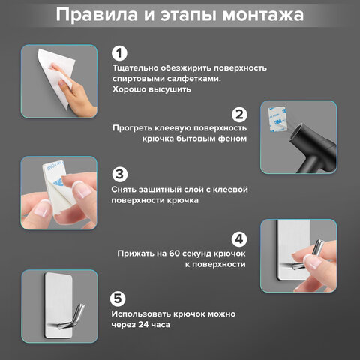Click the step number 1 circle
coord(119,53)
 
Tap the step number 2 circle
coord(239,115)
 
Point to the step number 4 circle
coord(239,239)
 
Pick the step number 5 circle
coord(119,298)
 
